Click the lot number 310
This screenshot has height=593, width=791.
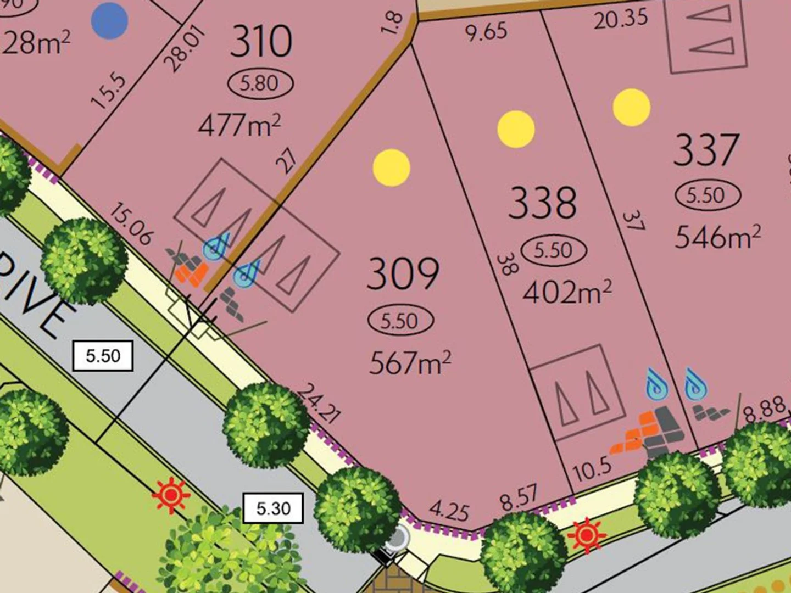[x=260, y=42]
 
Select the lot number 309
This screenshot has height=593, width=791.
[x=403, y=273]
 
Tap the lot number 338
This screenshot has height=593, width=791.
[x=543, y=203]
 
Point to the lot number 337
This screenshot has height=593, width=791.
[x=706, y=149]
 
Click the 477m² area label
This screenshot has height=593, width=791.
[x=239, y=125]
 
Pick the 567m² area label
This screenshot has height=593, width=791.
[x=410, y=362]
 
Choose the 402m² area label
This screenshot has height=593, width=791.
[x=566, y=292]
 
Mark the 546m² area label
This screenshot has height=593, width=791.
[x=717, y=237]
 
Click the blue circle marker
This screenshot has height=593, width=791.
[x=110, y=20]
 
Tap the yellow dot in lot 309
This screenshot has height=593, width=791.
[x=392, y=167]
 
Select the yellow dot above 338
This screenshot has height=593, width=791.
[x=516, y=129]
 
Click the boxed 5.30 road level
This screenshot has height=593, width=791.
[x=273, y=508]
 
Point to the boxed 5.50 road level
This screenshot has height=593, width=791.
[x=103, y=355]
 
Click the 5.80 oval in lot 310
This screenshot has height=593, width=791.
[x=260, y=83]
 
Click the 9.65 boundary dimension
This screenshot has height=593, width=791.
[x=486, y=32]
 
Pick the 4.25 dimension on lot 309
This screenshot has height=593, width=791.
[x=449, y=511]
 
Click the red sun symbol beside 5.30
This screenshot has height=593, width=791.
[x=171, y=495]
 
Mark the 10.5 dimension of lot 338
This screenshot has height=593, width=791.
[x=592, y=468]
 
